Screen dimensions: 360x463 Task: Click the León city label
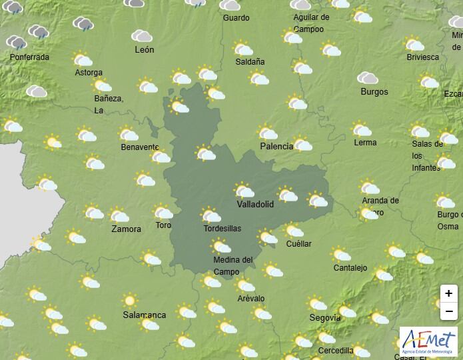click(144, 50)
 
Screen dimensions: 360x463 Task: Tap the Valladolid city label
click(255, 205)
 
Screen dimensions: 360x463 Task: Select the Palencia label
click(276, 146)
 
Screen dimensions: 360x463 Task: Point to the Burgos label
click(373, 91)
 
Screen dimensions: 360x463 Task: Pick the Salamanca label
click(145, 315)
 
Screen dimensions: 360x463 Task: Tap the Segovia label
click(325, 318)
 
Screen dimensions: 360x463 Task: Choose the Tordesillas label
click(223, 228)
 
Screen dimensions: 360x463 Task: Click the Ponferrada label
click(29, 57)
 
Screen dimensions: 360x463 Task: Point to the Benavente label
click(139, 147)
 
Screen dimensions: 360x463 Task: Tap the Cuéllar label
click(298, 244)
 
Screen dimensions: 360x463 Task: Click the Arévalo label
click(250, 298)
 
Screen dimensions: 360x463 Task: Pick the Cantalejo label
click(350, 268)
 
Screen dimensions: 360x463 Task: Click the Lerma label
click(365, 143)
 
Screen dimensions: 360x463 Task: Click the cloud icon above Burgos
click(368, 78)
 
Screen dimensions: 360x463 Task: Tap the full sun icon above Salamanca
click(130, 301)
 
